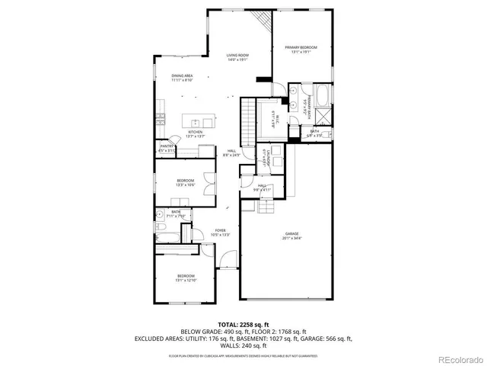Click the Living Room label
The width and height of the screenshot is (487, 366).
click(x=237, y=56)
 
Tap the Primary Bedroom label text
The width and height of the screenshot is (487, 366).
click(x=301, y=47)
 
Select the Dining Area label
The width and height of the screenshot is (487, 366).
click(x=183, y=76)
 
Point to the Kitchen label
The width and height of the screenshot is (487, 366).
click(x=196, y=132)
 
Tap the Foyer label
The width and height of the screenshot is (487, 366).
click(x=220, y=230)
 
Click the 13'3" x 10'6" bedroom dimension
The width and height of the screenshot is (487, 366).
click(x=186, y=184)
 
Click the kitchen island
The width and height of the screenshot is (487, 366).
click(x=199, y=122)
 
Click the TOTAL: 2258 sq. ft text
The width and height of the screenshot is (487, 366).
click(x=243, y=324)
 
